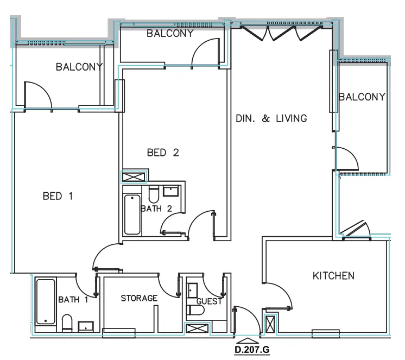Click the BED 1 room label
[58, 196]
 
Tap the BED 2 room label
[162, 153]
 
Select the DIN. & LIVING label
[271, 118]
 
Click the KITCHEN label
[333, 276]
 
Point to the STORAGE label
[139, 298]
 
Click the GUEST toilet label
[209, 301]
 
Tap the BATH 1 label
[73, 300]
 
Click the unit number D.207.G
[252, 350]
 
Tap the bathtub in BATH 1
[45, 302]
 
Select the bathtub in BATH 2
[132, 214]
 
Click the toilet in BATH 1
[67, 323]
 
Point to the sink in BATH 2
[172, 191]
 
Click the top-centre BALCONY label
[170, 34]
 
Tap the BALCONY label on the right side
[362, 97]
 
